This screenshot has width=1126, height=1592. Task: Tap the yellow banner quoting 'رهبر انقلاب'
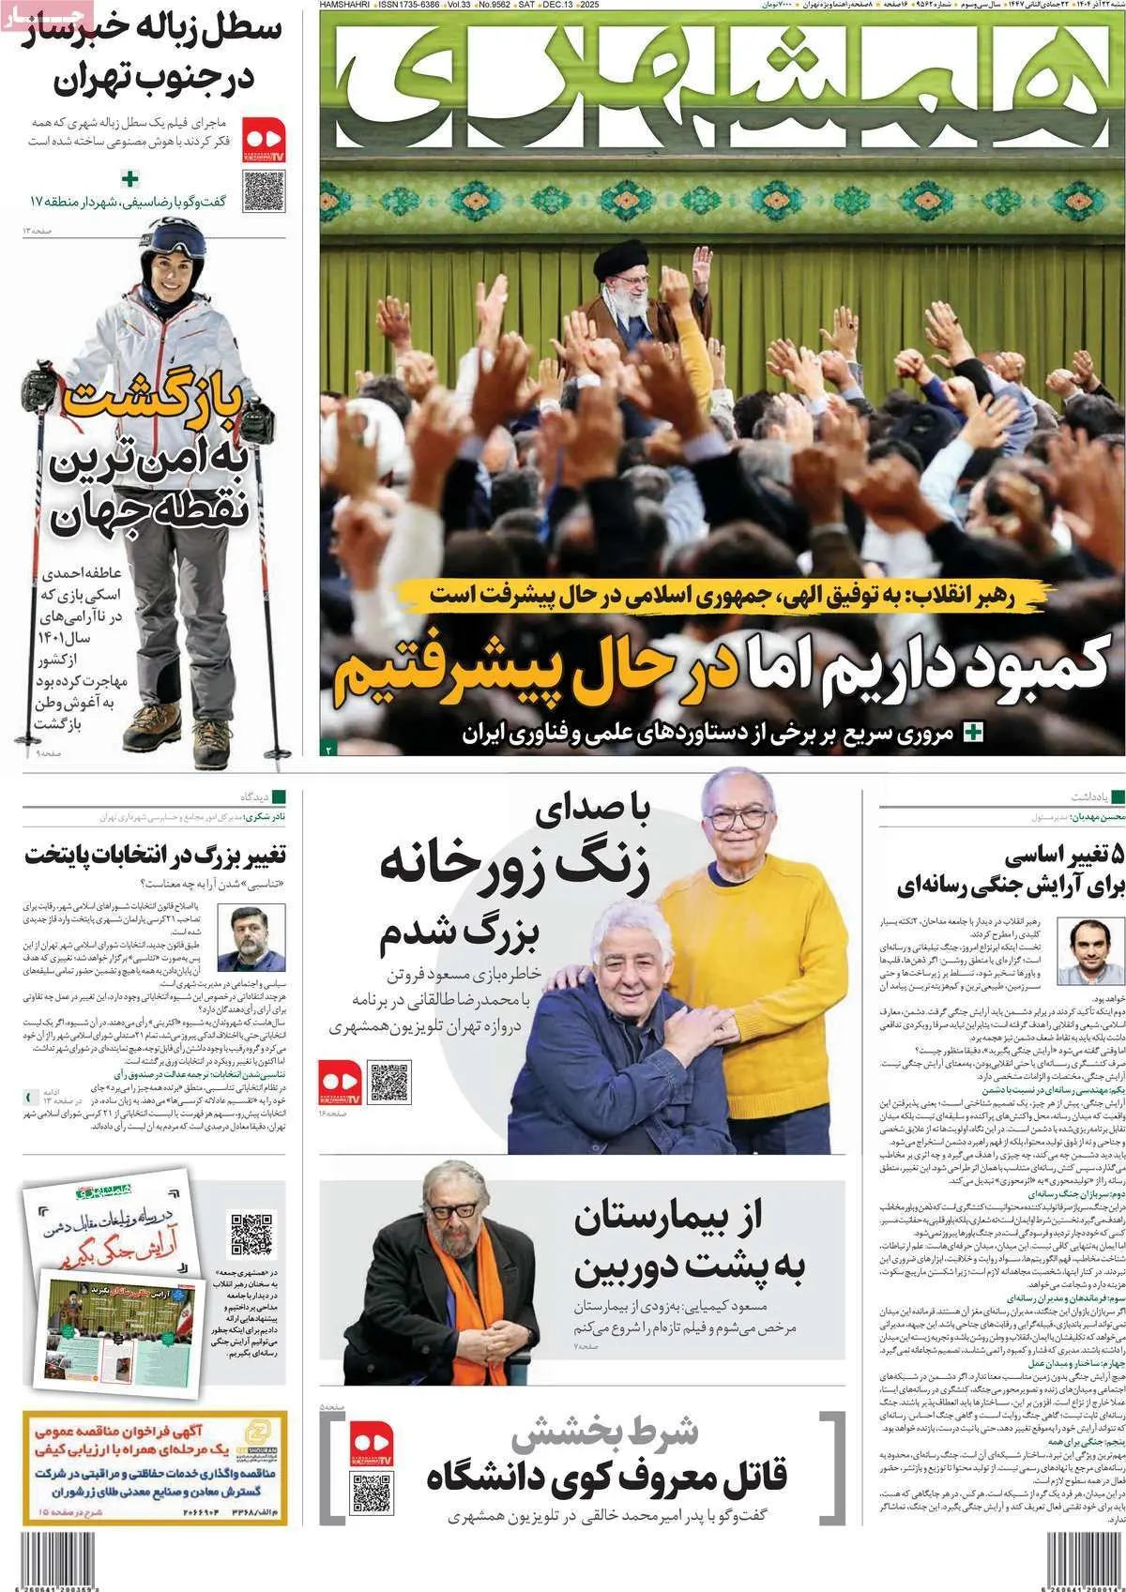click(x=723, y=594)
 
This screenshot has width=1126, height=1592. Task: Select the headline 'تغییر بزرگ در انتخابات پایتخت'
click(x=155, y=855)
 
